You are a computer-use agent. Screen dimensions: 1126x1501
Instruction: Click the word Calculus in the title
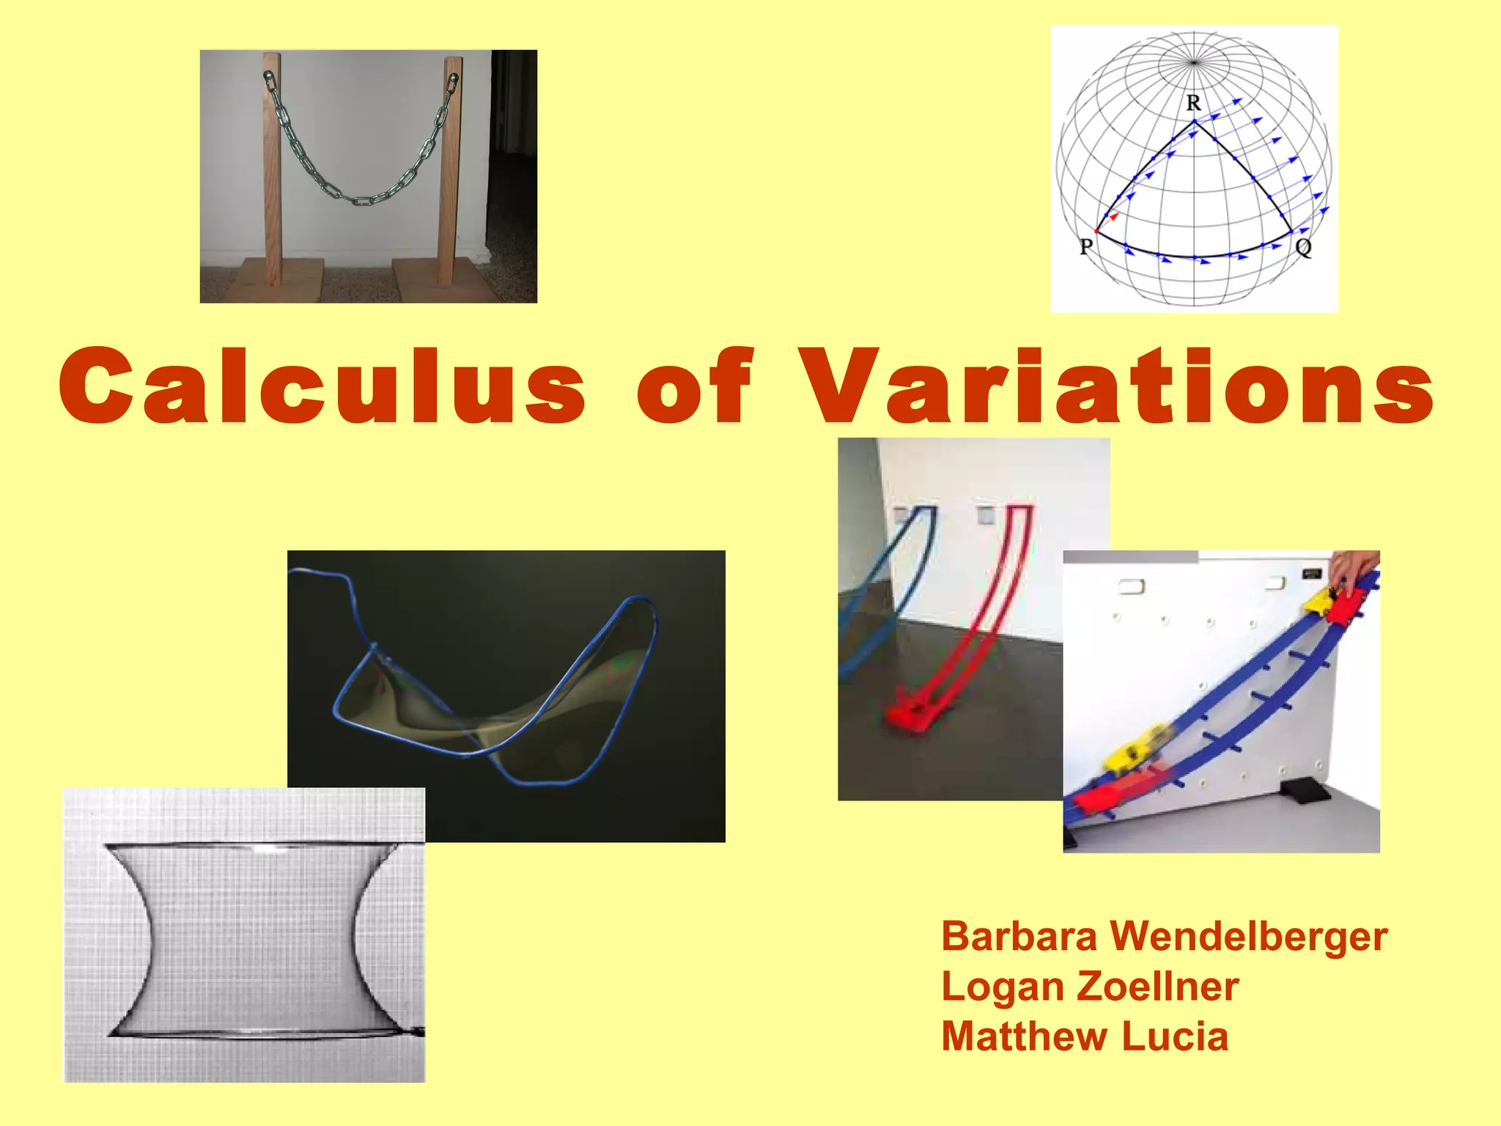[322, 386]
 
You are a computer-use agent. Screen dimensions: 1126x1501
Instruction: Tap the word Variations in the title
[1115, 386]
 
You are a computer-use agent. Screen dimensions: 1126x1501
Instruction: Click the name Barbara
[1019, 937]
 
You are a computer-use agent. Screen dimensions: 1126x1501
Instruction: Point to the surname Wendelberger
[1248, 937]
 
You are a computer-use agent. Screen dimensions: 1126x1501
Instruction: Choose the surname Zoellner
[1158, 987]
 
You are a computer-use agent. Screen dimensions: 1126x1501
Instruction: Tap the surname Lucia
[1175, 1037]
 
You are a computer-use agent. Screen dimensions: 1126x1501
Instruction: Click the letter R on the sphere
[1194, 103]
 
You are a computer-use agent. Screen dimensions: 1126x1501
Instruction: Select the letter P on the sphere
[1086, 247]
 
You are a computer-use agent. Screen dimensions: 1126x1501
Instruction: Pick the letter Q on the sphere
[1303, 248]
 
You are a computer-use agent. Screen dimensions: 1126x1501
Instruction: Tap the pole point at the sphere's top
[1194, 62]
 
